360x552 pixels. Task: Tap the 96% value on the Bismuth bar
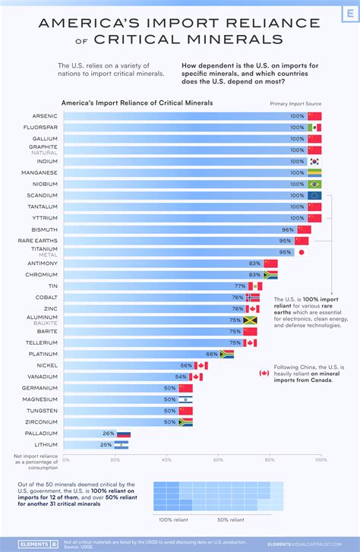[x=288, y=229]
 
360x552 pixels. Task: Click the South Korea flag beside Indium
[x=314, y=162]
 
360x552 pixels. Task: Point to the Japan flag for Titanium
[x=302, y=252]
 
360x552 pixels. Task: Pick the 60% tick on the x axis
[x=218, y=460]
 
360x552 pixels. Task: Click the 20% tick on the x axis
[x=116, y=460]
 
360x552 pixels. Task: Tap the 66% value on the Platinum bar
[x=212, y=354]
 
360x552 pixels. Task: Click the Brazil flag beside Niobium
[x=314, y=185]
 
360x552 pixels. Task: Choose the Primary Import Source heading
[x=295, y=102]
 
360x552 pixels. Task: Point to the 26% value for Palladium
[x=109, y=434]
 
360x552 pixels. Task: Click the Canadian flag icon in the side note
[x=264, y=373]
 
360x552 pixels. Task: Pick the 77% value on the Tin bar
[x=240, y=286]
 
